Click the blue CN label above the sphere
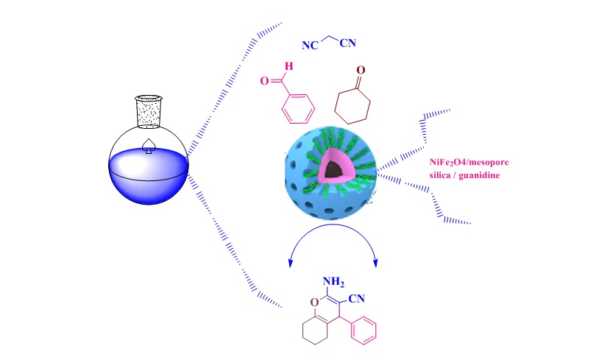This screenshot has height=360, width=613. (x=347, y=43)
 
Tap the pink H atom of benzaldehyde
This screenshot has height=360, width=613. (x=288, y=68)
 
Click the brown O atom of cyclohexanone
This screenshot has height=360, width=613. (x=360, y=72)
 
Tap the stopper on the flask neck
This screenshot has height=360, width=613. (x=149, y=111)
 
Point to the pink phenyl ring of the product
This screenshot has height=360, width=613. (x=363, y=330)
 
